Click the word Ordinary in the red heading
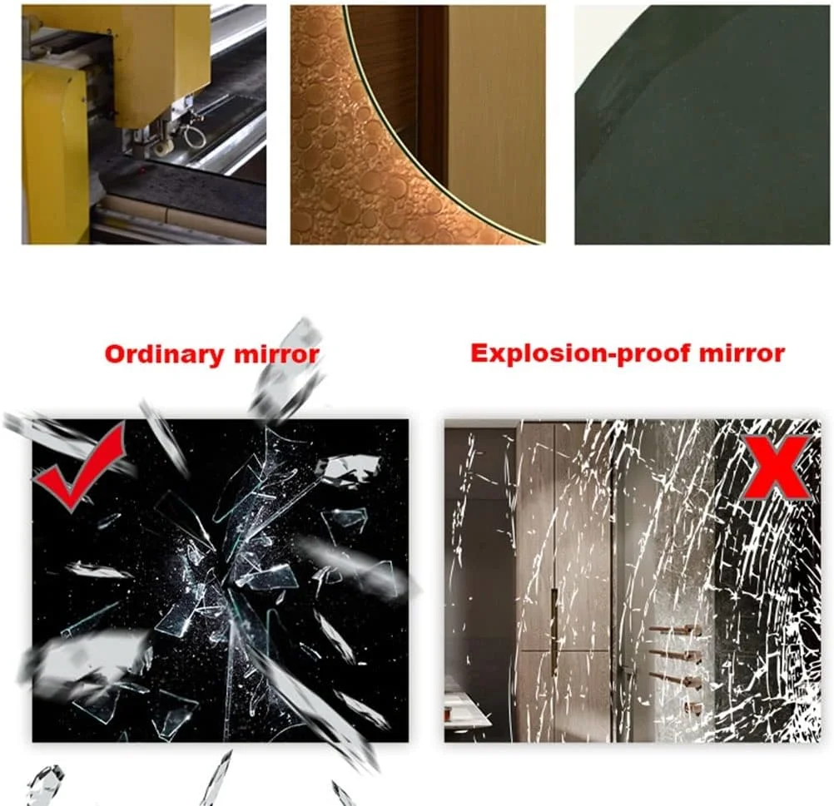tap(164, 354)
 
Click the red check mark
tap(80, 464)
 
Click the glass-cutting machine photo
tap(144, 125)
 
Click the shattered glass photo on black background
tap(221, 580)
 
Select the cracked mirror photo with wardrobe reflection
tap(633, 580)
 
